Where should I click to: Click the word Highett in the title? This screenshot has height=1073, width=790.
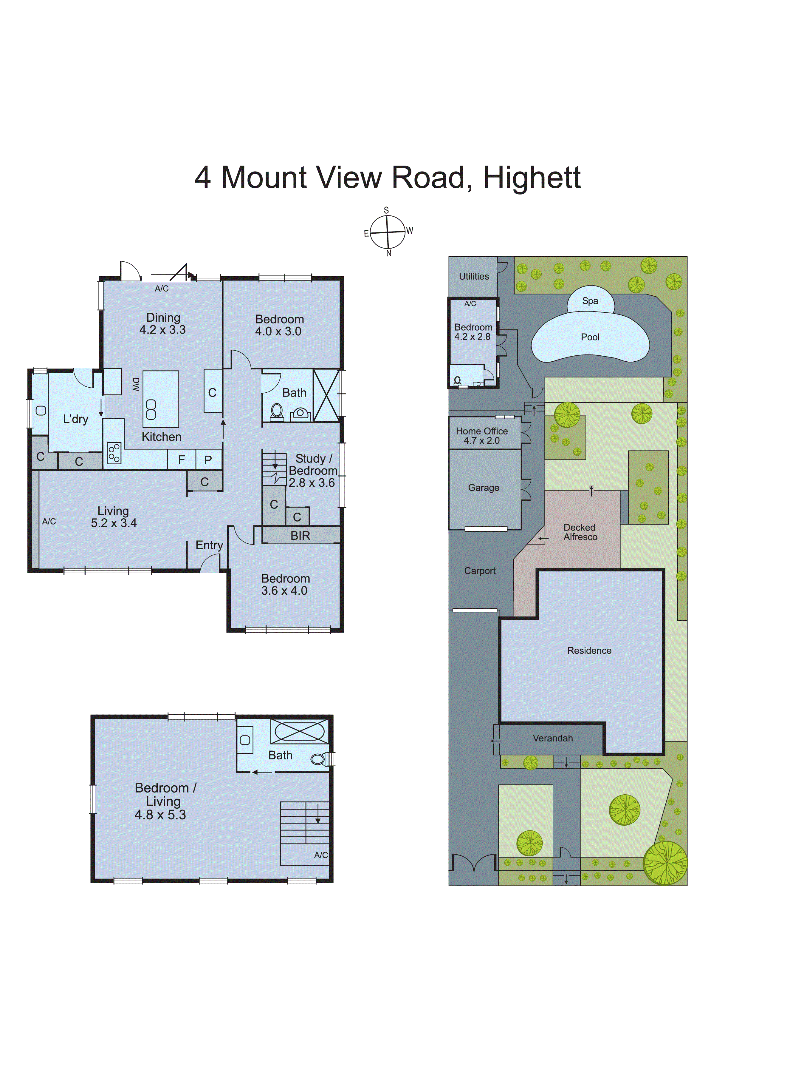pyautogui.click(x=532, y=178)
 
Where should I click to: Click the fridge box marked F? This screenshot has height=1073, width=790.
pyautogui.click(x=182, y=460)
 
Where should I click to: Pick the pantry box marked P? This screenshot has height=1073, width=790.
pyautogui.click(x=208, y=460)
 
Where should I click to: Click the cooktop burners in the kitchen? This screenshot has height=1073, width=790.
pyautogui.click(x=114, y=453)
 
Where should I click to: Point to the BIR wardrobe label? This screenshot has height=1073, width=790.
pyautogui.click(x=300, y=536)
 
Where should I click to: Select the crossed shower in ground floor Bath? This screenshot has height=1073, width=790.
pyautogui.click(x=326, y=395)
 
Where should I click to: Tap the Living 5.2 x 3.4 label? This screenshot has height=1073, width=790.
pyautogui.click(x=114, y=517)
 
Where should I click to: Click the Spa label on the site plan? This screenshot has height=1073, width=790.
pyautogui.click(x=590, y=300)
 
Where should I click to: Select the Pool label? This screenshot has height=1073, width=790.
pyautogui.click(x=590, y=337)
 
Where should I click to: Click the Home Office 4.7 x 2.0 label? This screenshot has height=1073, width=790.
pyautogui.click(x=481, y=436)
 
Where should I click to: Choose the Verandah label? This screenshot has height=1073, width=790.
pyautogui.click(x=552, y=738)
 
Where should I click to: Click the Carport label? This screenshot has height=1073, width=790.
pyautogui.click(x=480, y=571)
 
